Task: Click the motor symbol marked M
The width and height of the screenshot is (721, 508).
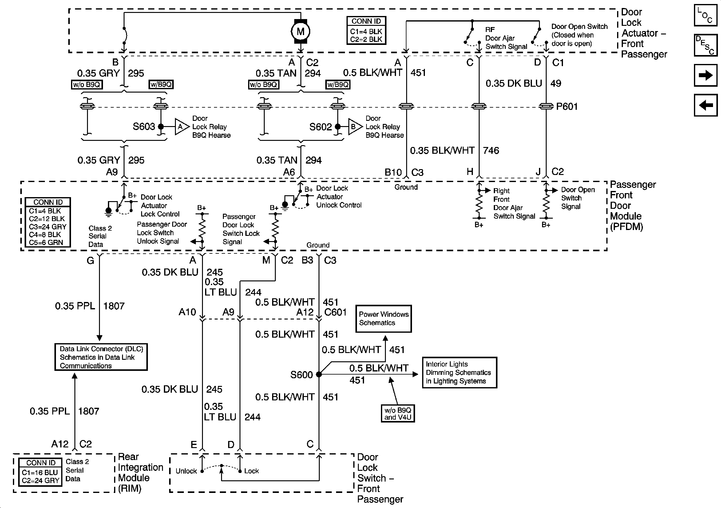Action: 300,31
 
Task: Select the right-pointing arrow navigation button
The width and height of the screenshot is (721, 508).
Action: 706,75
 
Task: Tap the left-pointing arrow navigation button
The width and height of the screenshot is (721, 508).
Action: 706,105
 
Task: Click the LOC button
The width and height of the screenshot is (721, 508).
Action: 706,15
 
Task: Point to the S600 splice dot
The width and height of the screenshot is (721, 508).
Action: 319,374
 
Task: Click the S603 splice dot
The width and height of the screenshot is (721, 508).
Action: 161,127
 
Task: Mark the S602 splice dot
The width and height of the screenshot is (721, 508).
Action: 338,127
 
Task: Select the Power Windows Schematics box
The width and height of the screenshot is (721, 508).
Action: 383,319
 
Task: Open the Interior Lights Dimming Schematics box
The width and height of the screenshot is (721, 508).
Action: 459,373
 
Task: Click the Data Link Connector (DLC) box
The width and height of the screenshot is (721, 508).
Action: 101,357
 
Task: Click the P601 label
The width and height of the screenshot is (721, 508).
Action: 567,106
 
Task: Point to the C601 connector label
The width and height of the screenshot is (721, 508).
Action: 335,312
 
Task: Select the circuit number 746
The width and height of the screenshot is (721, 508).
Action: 491,150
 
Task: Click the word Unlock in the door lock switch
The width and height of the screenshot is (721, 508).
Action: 186,471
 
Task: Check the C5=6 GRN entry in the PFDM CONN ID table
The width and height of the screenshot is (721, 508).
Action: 46,243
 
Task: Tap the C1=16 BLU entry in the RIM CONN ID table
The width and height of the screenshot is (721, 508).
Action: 40,473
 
